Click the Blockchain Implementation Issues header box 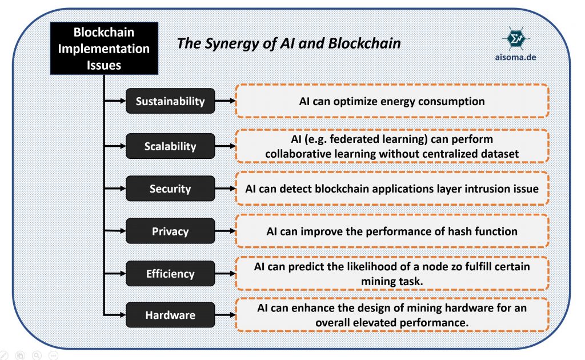click(103, 48)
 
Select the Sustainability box click(170, 102)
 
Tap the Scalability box click(170, 146)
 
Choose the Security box click(170, 189)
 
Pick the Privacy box click(170, 231)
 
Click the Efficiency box click(170, 274)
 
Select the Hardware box click(170, 315)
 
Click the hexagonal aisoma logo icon click(515, 38)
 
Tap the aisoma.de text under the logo click(515, 57)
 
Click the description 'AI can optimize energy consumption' click(392, 102)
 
